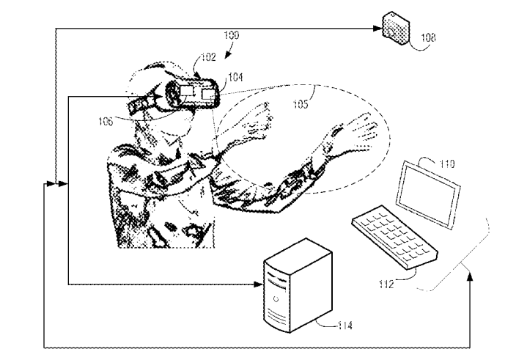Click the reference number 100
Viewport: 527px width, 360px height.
(x=232, y=35)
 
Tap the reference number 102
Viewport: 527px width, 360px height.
(x=208, y=57)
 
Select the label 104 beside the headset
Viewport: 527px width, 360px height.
(x=235, y=77)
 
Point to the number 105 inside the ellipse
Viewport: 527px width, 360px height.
(x=301, y=104)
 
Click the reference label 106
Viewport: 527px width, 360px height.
(x=106, y=122)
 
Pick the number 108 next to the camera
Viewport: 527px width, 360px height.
(x=428, y=37)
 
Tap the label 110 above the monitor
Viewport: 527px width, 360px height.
(x=447, y=164)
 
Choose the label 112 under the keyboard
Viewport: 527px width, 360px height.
(x=386, y=284)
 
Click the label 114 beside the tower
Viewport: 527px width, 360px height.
(x=345, y=326)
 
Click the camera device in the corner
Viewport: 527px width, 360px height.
(x=397, y=29)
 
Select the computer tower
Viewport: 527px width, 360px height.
(x=298, y=285)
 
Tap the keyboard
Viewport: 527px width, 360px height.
(x=394, y=237)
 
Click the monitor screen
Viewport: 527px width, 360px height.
(x=428, y=194)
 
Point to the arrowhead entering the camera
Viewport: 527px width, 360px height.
(x=378, y=29)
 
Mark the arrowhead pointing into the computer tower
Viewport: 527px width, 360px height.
(x=259, y=284)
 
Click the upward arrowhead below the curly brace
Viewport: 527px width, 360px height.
(x=470, y=276)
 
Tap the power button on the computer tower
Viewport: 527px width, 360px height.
(x=276, y=299)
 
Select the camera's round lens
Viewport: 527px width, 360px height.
(x=391, y=32)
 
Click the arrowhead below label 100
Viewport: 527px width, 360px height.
(x=227, y=54)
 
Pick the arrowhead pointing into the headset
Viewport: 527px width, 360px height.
(x=158, y=97)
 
